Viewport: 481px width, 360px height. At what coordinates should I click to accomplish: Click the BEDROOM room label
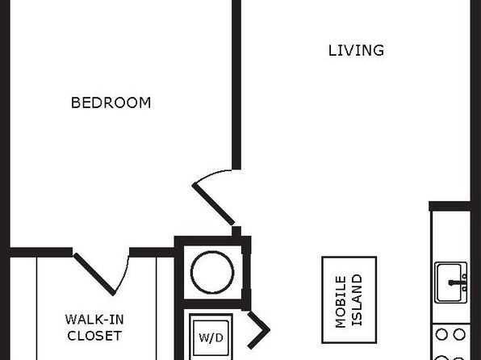pos(111,103)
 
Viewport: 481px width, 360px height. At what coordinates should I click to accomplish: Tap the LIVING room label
pos(356,51)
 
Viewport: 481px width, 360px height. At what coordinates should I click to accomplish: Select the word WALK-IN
pos(94,320)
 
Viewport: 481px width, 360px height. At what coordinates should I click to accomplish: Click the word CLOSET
pos(94,336)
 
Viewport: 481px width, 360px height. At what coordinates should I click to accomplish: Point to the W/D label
pos(211,337)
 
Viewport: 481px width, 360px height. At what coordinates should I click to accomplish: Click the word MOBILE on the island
pos(341,302)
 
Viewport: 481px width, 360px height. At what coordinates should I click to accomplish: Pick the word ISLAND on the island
pos(357,299)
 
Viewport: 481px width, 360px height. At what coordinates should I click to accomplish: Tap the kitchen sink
pos(451,283)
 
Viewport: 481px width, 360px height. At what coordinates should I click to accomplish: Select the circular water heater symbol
pos(212,272)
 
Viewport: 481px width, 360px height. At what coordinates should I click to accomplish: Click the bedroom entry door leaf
pos(213,203)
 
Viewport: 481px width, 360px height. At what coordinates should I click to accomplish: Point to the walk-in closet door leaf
pos(94,274)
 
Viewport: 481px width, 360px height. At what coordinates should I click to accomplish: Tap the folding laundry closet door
pos(258,330)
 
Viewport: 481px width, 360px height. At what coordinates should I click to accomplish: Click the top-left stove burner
pos(441,334)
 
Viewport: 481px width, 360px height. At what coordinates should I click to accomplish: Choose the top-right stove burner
pos(459,334)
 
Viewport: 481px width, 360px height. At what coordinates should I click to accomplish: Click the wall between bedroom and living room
pos(236,85)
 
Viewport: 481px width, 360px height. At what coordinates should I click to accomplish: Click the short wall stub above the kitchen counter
pos(450,207)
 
